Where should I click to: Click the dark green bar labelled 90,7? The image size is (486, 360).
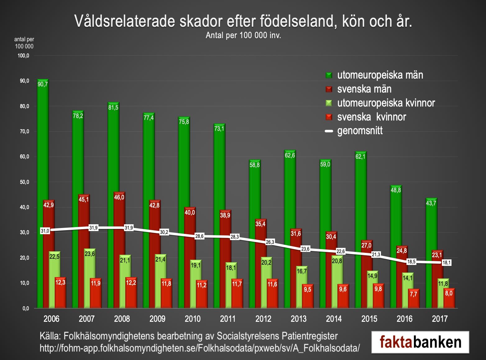point(43,193)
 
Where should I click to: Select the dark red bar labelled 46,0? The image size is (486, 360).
point(119,248)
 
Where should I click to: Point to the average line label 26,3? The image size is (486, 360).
point(270,242)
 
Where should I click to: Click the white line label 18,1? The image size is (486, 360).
point(447,262)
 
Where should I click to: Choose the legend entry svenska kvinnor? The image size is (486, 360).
point(371,117)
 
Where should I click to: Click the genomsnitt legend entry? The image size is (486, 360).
point(360,131)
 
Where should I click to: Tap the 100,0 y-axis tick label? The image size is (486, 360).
point(23,56)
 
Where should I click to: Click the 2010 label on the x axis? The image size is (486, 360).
point(193,319)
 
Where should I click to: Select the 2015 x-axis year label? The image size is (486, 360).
point(369,319)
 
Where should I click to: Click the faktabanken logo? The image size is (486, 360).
point(420,342)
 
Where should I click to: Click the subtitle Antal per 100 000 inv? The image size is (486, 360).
point(243,35)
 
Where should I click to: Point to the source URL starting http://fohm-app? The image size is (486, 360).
point(199,348)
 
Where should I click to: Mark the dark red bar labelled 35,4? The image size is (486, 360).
point(260,264)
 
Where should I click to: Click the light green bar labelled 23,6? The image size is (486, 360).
point(90,278)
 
